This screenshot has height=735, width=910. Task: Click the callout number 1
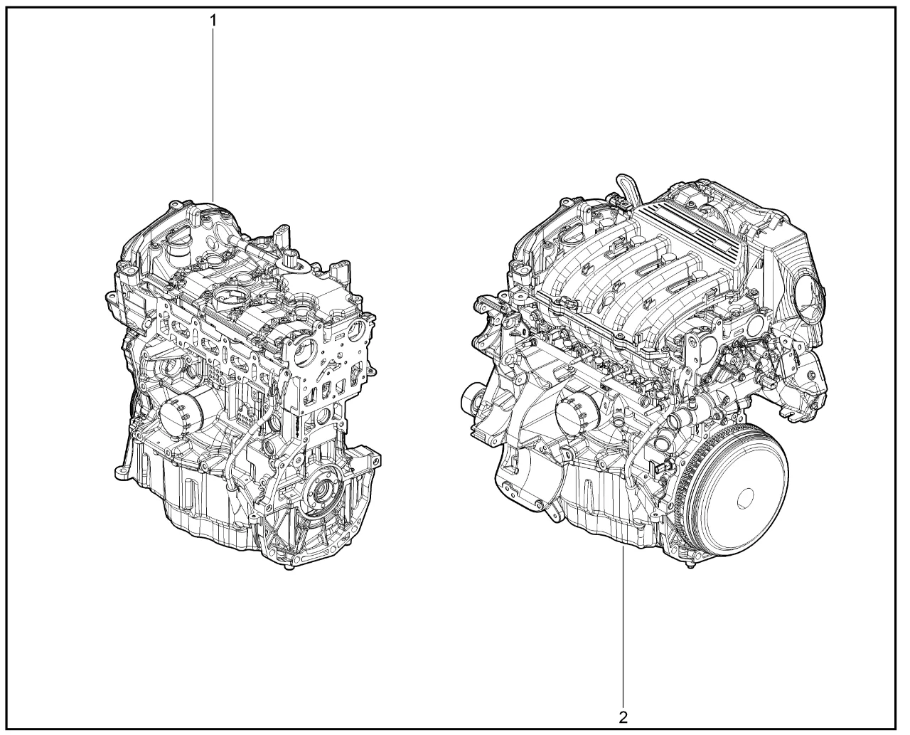tap(213, 20)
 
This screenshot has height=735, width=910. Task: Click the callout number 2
tap(623, 717)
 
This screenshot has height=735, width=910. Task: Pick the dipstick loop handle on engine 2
tap(627, 188)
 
